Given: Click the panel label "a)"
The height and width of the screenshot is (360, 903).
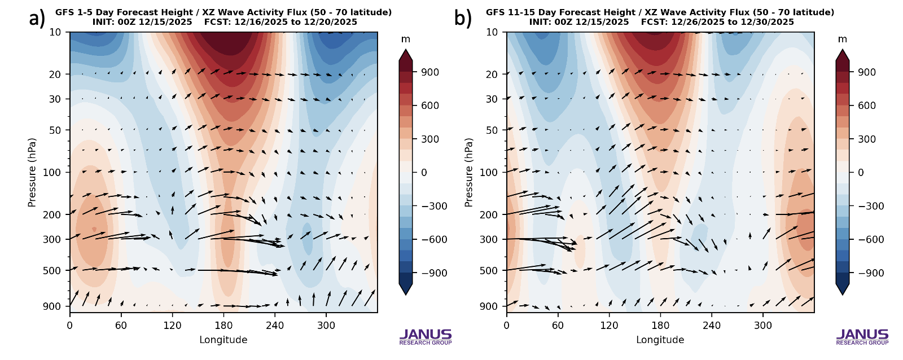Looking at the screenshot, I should pos(37,19).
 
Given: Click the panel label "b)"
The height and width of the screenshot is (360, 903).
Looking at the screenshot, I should pos(463,19).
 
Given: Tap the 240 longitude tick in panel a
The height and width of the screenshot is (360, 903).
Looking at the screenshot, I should pos(275,326).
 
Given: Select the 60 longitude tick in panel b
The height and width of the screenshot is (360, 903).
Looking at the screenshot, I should pos(558,326).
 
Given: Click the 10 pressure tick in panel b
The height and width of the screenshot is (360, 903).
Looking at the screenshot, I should pos(492,32).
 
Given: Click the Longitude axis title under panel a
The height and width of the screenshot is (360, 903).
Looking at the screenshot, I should pos(223,340).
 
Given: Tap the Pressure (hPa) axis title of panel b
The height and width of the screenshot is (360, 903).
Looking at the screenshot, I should pos(469,172).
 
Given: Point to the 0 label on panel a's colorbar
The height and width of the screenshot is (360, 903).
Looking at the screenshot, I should pos(424,173).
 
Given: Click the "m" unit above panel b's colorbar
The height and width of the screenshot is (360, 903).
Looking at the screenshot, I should pos(842,39).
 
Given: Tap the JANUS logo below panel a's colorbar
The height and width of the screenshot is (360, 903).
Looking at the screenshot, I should pos(426,336).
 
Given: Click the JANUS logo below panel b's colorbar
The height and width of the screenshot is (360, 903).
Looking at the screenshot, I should pos(862,336).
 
